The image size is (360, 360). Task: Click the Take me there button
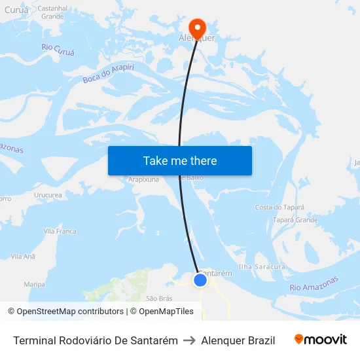point(179,160)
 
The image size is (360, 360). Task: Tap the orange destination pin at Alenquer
point(197,27)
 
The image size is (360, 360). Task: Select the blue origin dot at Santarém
point(200,280)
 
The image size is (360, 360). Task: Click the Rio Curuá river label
point(58,48)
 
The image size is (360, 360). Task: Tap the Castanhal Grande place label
point(52,12)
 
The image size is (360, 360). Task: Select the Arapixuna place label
point(143,179)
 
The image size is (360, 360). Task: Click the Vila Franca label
point(60,231)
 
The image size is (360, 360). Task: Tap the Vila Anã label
point(24,257)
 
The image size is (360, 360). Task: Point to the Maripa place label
point(34,284)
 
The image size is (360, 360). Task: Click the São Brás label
point(159,298)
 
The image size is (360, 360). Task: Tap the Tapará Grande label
point(295,220)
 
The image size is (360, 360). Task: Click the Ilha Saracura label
point(262,267)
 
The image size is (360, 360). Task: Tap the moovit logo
point(321,340)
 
